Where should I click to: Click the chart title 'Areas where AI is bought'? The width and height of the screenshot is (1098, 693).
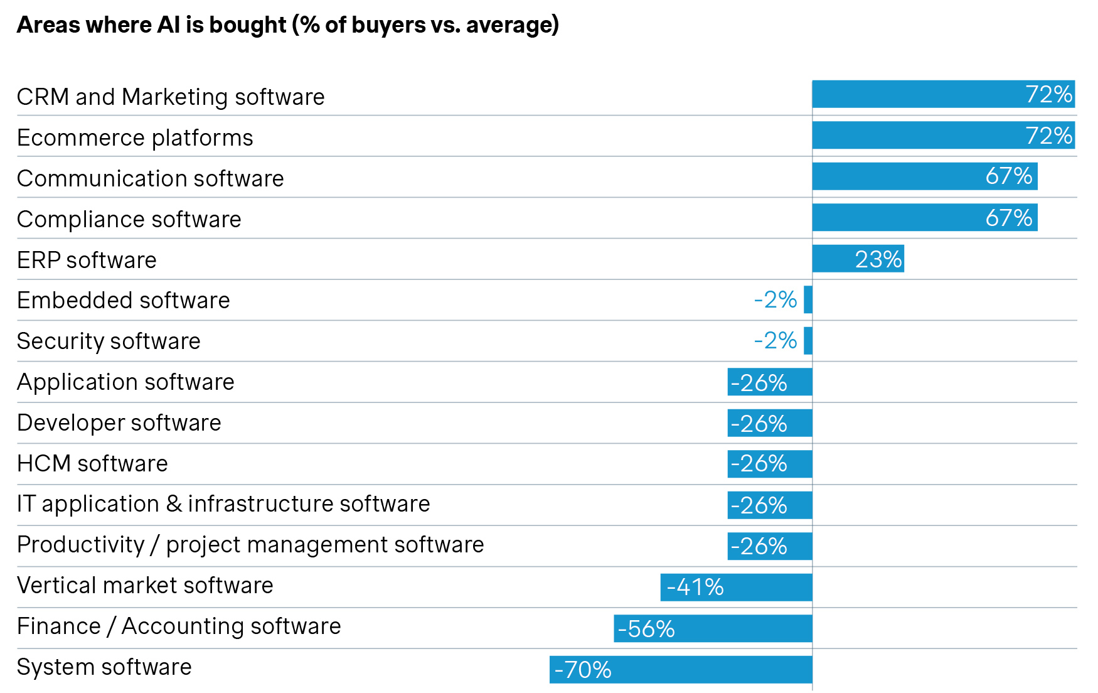click(x=287, y=25)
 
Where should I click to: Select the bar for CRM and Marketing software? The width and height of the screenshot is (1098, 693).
click(x=943, y=94)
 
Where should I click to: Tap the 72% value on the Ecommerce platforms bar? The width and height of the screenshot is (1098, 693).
click(x=1048, y=136)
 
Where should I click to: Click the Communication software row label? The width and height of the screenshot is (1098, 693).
click(x=151, y=179)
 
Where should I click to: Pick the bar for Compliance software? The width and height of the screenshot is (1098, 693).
click(x=924, y=217)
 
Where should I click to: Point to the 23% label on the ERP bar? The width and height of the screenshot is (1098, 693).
click(x=878, y=259)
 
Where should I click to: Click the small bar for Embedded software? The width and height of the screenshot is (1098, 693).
click(x=808, y=299)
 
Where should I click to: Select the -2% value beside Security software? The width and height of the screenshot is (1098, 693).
click(x=776, y=341)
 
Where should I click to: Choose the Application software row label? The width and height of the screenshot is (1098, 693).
click(x=125, y=382)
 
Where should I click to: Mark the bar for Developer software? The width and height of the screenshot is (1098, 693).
click(x=770, y=423)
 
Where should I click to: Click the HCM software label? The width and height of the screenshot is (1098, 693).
click(x=92, y=464)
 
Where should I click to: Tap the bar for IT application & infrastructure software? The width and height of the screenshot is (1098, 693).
click(x=770, y=505)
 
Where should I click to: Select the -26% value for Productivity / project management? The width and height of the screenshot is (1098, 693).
click(x=759, y=546)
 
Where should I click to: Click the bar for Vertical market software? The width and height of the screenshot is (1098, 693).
click(x=736, y=588)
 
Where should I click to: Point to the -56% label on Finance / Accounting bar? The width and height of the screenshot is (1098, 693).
click(x=646, y=629)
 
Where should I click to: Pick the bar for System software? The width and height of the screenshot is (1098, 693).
click(x=681, y=670)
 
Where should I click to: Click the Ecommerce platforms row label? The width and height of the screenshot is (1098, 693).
click(x=135, y=138)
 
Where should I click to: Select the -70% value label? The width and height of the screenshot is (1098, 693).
click(x=583, y=670)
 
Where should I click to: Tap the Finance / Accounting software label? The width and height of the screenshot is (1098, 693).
click(x=179, y=626)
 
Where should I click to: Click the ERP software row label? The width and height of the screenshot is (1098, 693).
click(x=87, y=261)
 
